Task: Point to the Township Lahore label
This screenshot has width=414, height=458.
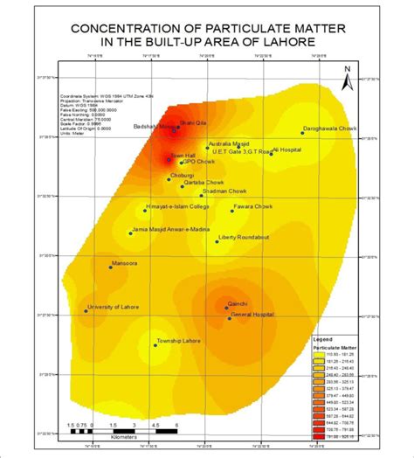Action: pos(178,341)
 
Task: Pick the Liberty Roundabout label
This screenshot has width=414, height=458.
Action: pos(244,237)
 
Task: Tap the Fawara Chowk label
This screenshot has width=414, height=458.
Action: pos(252,207)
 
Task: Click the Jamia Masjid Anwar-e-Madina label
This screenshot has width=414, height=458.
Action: pos(169,230)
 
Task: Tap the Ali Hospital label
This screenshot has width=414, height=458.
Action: pos(286,149)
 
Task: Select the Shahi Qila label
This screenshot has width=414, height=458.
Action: pos(192,122)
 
